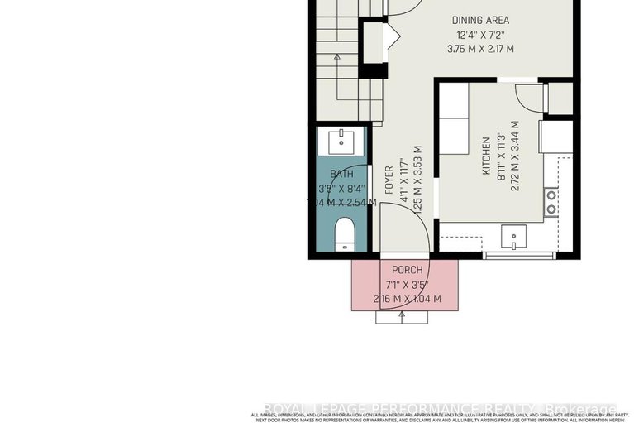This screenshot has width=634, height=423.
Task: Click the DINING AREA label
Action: (x=480, y=20)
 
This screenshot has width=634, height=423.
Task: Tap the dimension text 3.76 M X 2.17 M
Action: (x=480, y=49)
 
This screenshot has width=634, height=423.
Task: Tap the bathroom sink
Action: (x=341, y=140)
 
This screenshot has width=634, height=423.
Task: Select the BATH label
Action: (x=341, y=174)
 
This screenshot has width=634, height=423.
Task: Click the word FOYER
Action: (x=389, y=181)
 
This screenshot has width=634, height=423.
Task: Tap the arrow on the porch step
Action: (x=403, y=316)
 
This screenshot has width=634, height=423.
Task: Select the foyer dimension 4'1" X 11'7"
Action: (x=403, y=181)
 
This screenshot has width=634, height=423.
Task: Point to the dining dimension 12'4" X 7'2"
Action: (x=480, y=35)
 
